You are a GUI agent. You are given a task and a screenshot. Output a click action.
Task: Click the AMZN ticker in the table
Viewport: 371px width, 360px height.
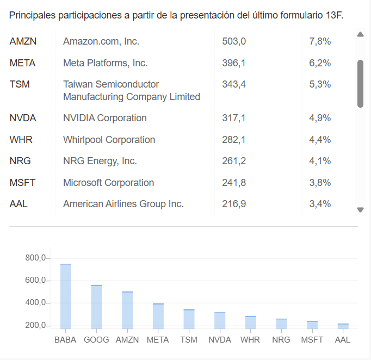click(x=23, y=41)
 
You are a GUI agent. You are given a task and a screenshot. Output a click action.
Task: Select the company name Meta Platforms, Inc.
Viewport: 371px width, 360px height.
click(x=105, y=63)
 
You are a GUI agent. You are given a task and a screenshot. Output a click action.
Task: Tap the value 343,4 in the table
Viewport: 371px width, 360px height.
click(x=234, y=84)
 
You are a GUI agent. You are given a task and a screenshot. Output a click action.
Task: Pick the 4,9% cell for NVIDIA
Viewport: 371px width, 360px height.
click(x=320, y=118)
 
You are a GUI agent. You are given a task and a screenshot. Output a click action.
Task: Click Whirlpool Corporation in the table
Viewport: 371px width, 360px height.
click(x=109, y=140)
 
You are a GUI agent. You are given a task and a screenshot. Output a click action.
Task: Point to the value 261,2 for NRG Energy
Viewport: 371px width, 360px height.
click(x=234, y=161)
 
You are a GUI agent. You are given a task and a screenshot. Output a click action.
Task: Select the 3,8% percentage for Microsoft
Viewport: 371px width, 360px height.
click(x=320, y=183)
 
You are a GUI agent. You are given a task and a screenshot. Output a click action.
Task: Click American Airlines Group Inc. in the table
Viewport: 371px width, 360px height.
click(x=123, y=204)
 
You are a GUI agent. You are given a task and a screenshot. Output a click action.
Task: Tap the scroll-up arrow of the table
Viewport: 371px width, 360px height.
click(x=360, y=35)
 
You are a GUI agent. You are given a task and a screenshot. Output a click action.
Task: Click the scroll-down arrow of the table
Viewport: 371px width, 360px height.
click(x=360, y=210)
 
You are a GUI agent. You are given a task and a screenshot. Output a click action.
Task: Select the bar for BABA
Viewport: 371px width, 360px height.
click(x=66, y=296)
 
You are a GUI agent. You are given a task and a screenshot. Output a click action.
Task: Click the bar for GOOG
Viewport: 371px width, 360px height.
click(x=97, y=307)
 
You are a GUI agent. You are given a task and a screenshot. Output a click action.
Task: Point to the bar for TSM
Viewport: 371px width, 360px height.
click(x=189, y=319)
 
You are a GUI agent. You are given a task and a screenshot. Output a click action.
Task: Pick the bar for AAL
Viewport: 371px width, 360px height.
click(x=343, y=326)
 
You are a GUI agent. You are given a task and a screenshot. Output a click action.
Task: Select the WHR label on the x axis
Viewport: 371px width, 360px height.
click(x=250, y=340)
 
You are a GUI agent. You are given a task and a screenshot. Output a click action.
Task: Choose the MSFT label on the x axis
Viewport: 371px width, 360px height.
click(x=312, y=340)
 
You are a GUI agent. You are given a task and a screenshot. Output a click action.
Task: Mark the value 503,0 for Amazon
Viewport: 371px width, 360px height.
click(x=234, y=41)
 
